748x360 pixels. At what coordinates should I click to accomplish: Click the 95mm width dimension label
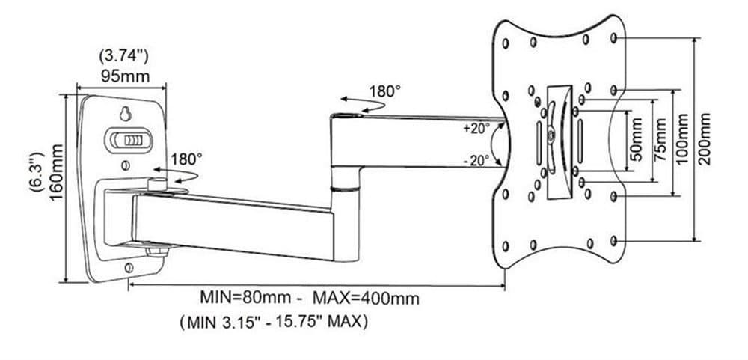[124, 76]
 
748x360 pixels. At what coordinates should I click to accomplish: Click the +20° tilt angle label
[476, 128]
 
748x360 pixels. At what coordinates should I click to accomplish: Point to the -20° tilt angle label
[476, 159]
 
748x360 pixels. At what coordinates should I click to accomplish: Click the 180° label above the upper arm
[384, 91]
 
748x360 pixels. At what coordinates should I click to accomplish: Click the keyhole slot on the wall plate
[125, 115]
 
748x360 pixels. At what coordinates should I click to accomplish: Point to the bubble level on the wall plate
[130, 140]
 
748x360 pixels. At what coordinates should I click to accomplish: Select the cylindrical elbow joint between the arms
[345, 179]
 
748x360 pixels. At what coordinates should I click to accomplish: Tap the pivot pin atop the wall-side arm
[158, 182]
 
